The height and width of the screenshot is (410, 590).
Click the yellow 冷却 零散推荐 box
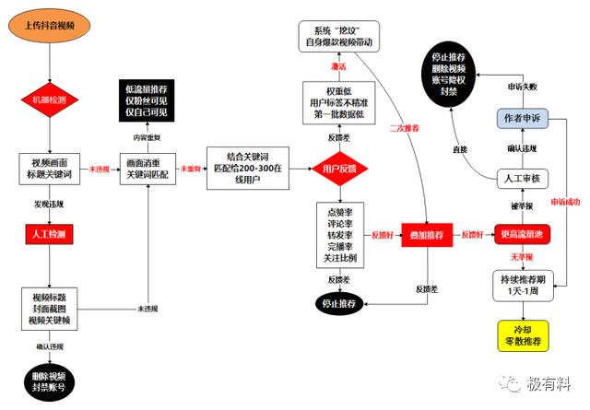[522, 335]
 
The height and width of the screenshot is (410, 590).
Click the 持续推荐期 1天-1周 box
[522, 284]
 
